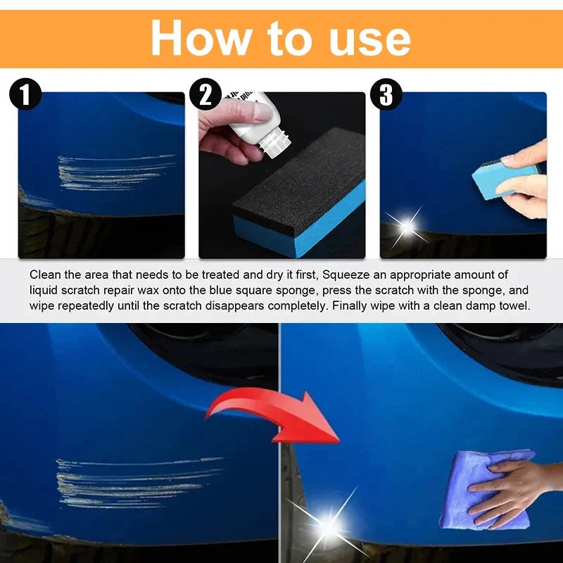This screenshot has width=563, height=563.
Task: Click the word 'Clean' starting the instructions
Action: point(44,274)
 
